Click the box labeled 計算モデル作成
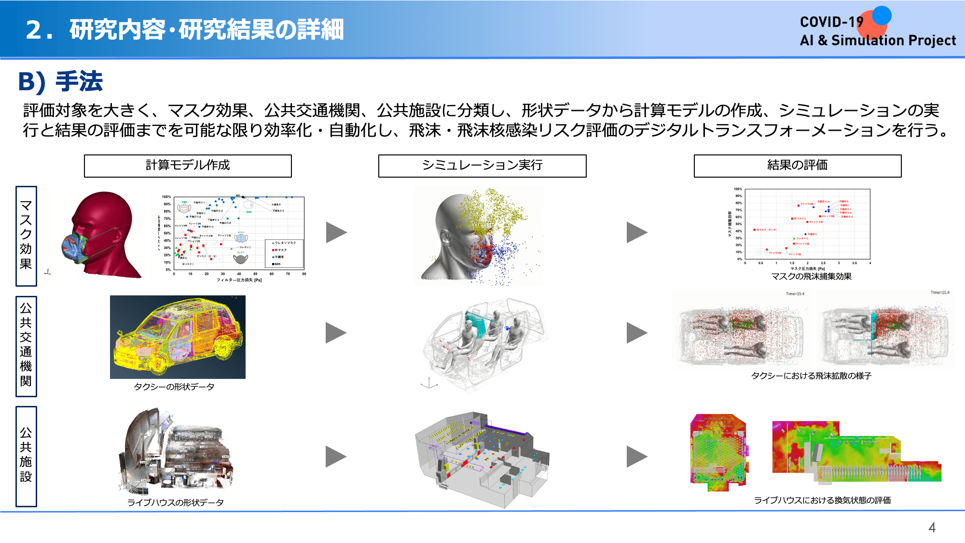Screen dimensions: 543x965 pyautogui.click(x=188, y=166)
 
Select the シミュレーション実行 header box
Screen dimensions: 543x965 pyautogui.click(x=482, y=166)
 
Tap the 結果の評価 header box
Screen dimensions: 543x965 pyautogui.click(x=797, y=166)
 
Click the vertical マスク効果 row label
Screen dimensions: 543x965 pyautogui.click(x=26, y=236)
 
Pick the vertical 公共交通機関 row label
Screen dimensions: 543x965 pyautogui.click(x=26, y=346)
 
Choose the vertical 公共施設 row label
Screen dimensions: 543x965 pyautogui.click(x=26, y=456)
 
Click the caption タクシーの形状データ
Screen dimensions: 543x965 pyautogui.click(x=174, y=387)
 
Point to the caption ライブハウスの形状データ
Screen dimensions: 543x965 pyautogui.click(x=176, y=502)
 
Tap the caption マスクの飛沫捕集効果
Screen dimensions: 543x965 pyautogui.click(x=811, y=277)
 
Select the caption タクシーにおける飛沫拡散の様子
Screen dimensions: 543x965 pyautogui.click(x=811, y=376)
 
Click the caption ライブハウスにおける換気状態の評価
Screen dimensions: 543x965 pyautogui.click(x=822, y=500)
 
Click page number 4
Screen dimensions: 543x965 pyautogui.click(x=932, y=528)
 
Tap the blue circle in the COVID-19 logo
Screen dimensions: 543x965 pyautogui.click(x=882, y=15)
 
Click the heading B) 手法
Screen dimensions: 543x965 pyautogui.click(x=60, y=81)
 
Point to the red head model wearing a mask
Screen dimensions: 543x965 pyautogui.click(x=101, y=234)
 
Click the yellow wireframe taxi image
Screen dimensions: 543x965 pyautogui.click(x=178, y=337)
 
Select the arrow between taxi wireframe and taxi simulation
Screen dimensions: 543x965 pyautogui.click(x=336, y=333)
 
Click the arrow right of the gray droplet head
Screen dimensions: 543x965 pyautogui.click(x=636, y=232)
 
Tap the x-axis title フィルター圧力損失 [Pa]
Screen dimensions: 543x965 pyautogui.click(x=239, y=280)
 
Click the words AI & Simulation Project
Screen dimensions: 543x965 pyautogui.click(x=878, y=41)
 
